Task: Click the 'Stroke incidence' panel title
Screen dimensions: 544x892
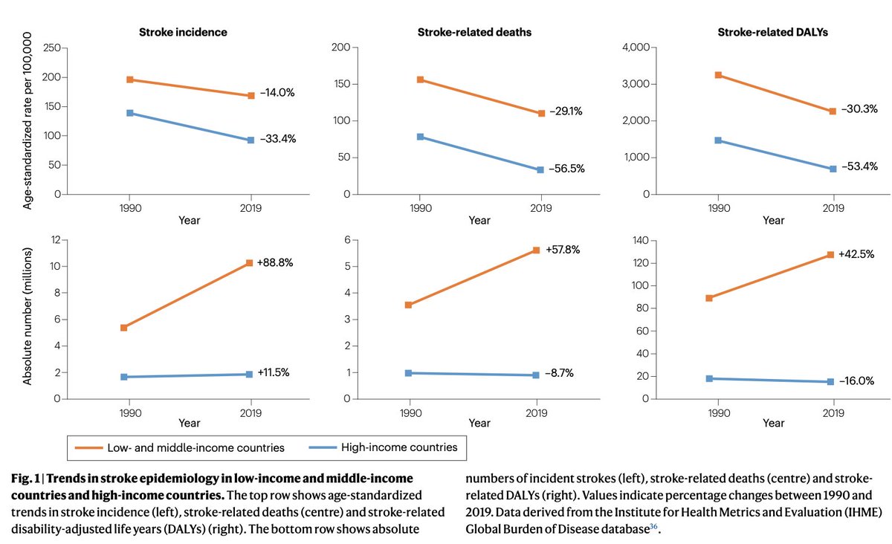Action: coord(184,32)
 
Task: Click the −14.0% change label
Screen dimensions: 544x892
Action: coord(277,93)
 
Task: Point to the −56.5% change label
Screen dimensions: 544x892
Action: coord(566,169)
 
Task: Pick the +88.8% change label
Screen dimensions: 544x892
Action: coord(277,262)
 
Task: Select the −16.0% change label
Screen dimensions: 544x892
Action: coord(856,381)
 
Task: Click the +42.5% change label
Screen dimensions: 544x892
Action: coord(856,253)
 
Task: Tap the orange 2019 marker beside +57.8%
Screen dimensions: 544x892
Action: coord(537,250)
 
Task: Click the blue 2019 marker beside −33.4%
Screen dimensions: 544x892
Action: coord(251,140)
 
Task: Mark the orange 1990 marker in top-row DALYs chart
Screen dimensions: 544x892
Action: coord(719,75)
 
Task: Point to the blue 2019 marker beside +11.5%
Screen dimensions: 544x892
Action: coord(251,374)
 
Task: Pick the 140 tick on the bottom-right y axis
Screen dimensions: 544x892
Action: coord(640,241)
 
